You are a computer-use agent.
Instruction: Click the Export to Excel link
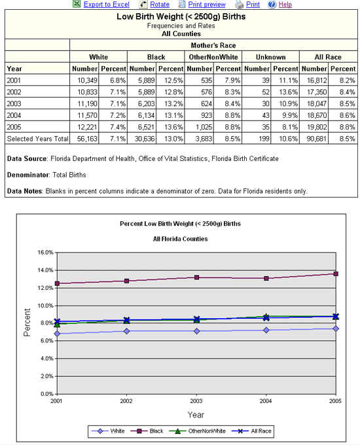(107, 5)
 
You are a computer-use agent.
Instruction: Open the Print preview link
(207, 5)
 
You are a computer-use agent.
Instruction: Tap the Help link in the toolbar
(285, 5)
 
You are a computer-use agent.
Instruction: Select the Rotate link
(160, 5)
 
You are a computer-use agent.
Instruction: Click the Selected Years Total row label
(37, 139)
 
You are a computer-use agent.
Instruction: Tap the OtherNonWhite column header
(213, 57)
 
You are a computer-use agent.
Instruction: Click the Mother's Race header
(213, 45)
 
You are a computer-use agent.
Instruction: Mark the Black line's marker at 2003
(196, 277)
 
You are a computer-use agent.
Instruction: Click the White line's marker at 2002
(126, 331)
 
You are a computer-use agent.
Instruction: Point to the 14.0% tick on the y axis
(45, 270)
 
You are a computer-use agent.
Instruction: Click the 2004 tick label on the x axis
(266, 401)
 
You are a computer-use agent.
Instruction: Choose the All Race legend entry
(251, 431)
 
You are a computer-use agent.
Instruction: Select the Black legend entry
(147, 431)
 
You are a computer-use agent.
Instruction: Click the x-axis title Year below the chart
(196, 415)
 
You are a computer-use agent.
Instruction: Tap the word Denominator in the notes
(26, 175)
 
